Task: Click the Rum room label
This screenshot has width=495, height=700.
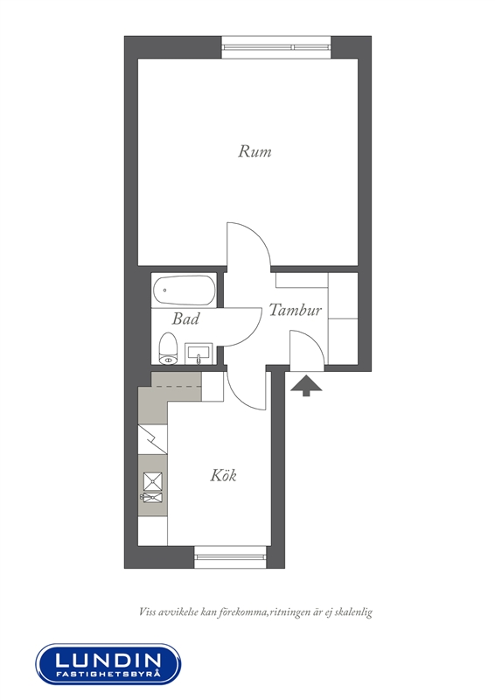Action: click(254, 151)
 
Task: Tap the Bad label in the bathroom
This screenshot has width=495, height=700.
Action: click(185, 318)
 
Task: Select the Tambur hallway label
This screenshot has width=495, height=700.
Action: click(295, 310)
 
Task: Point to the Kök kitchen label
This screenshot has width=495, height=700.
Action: click(223, 475)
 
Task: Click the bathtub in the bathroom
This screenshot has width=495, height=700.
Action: click(185, 290)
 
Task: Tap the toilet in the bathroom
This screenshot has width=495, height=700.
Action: click(168, 348)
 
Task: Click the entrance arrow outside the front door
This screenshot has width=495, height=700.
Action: click(306, 386)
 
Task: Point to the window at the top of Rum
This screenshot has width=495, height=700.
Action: click(276, 47)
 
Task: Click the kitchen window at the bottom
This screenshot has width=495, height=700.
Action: click(230, 556)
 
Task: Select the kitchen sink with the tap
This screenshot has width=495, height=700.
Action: click(152, 497)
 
